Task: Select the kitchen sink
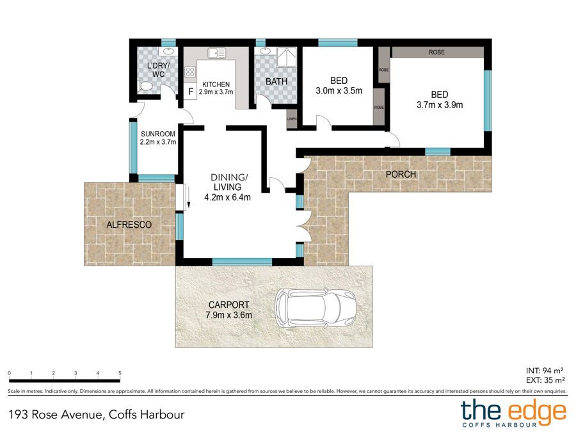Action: pyautogui.click(x=216, y=53)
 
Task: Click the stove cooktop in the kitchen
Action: pyautogui.click(x=190, y=72)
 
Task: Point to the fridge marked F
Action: pyautogui.click(x=190, y=91)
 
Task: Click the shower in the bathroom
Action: pyautogui.click(x=286, y=57)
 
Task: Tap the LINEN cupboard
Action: pyautogui.click(x=292, y=119)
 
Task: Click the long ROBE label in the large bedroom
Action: pyautogui.click(x=436, y=52)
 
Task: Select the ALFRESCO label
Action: pyautogui.click(x=129, y=225)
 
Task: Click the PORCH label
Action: pyautogui.click(x=401, y=174)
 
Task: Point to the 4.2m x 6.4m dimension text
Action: pyautogui.click(x=227, y=197)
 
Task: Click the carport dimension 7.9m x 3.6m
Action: pyautogui.click(x=229, y=315)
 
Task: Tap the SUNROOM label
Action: pyautogui.click(x=158, y=134)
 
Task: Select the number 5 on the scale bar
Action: pyautogui.click(x=120, y=373)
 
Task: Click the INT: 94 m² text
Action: pyautogui.click(x=545, y=371)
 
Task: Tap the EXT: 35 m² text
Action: pyautogui.click(x=545, y=380)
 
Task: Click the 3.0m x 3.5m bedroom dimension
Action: pyautogui.click(x=339, y=90)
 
